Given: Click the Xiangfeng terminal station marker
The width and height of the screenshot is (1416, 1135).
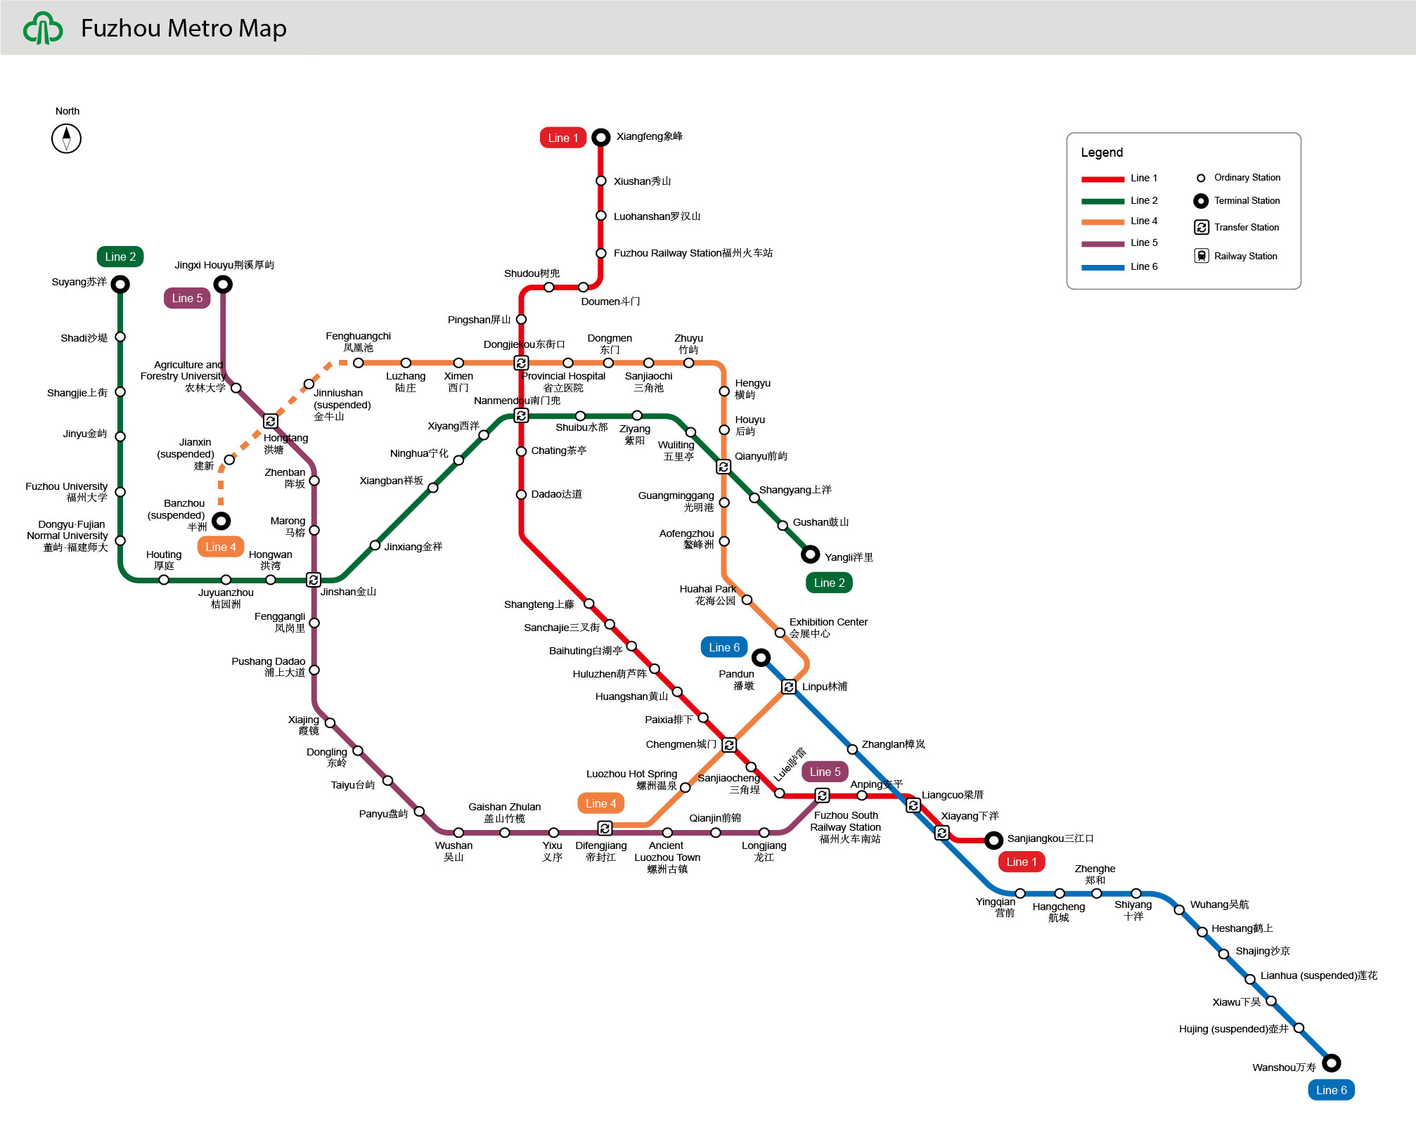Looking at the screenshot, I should [x=600, y=137].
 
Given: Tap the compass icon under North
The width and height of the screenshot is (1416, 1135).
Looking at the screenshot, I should [x=67, y=138].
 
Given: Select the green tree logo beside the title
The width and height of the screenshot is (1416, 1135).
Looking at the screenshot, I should [x=43, y=29].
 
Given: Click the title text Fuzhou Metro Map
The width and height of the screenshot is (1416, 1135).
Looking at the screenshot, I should [x=184, y=28].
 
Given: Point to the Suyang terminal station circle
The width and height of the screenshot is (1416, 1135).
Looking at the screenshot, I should [x=120, y=285].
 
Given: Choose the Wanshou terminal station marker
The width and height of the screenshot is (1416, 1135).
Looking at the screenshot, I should [x=1331, y=1063].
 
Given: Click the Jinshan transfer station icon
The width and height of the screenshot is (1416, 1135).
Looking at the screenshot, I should [x=314, y=580].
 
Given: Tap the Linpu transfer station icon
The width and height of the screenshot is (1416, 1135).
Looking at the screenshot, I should [x=789, y=687].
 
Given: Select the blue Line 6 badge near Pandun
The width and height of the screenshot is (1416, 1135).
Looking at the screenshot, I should [x=723, y=647].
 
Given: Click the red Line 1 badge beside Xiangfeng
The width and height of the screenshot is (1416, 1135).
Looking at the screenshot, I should [x=563, y=138].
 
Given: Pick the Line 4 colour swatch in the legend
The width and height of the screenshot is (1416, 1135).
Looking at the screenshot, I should [x=1102, y=222].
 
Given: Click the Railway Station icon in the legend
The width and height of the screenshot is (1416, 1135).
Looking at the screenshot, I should [x=1202, y=256].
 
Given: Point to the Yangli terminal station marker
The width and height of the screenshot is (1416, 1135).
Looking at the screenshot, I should [x=810, y=554].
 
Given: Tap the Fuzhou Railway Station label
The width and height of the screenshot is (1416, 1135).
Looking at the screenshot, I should [x=693, y=253].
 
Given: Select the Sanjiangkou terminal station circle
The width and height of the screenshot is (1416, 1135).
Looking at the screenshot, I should [x=993, y=840].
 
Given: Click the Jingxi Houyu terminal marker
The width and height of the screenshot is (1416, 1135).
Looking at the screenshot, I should [x=223, y=285].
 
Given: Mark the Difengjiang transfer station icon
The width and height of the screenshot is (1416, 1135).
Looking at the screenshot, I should [x=605, y=828].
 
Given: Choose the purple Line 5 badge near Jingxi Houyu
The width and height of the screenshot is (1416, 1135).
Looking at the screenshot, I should [x=187, y=298].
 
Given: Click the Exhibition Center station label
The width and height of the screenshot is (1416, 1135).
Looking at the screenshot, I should [x=828, y=628].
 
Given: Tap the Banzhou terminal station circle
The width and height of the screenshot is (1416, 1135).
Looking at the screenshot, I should [x=221, y=521].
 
